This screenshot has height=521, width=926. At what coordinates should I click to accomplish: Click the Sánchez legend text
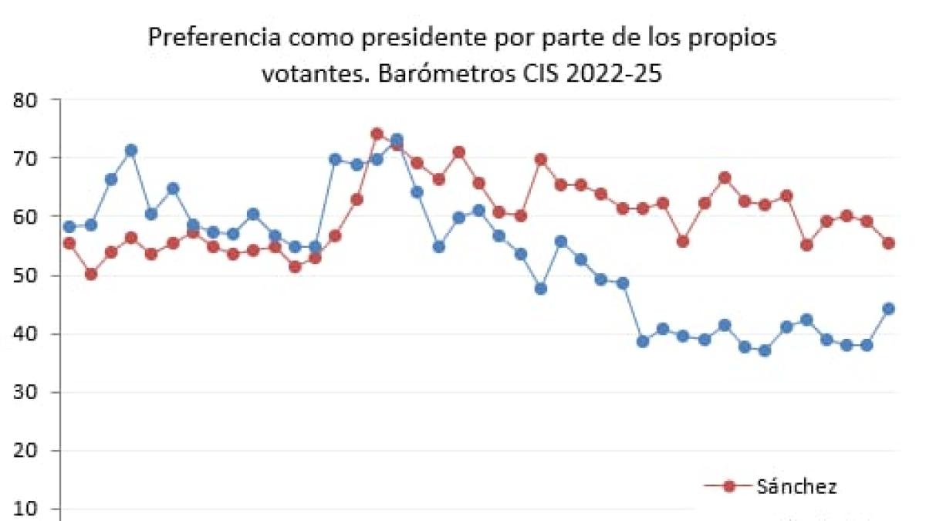pyautogui.click(x=797, y=486)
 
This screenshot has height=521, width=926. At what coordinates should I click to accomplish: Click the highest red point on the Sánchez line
pyautogui.click(x=377, y=134)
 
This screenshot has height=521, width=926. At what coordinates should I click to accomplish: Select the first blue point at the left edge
pyautogui.click(x=69, y=227)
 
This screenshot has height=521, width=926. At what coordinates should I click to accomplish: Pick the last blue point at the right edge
pyautogui.click(x=888, y=309)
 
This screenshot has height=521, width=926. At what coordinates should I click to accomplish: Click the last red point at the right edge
pyautogui.click(x=888, y=243)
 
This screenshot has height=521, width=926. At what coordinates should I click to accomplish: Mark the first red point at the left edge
pyautogui.click(x=69, y=243)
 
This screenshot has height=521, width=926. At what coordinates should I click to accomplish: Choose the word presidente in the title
pyautogui.click(x=413, y=38)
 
